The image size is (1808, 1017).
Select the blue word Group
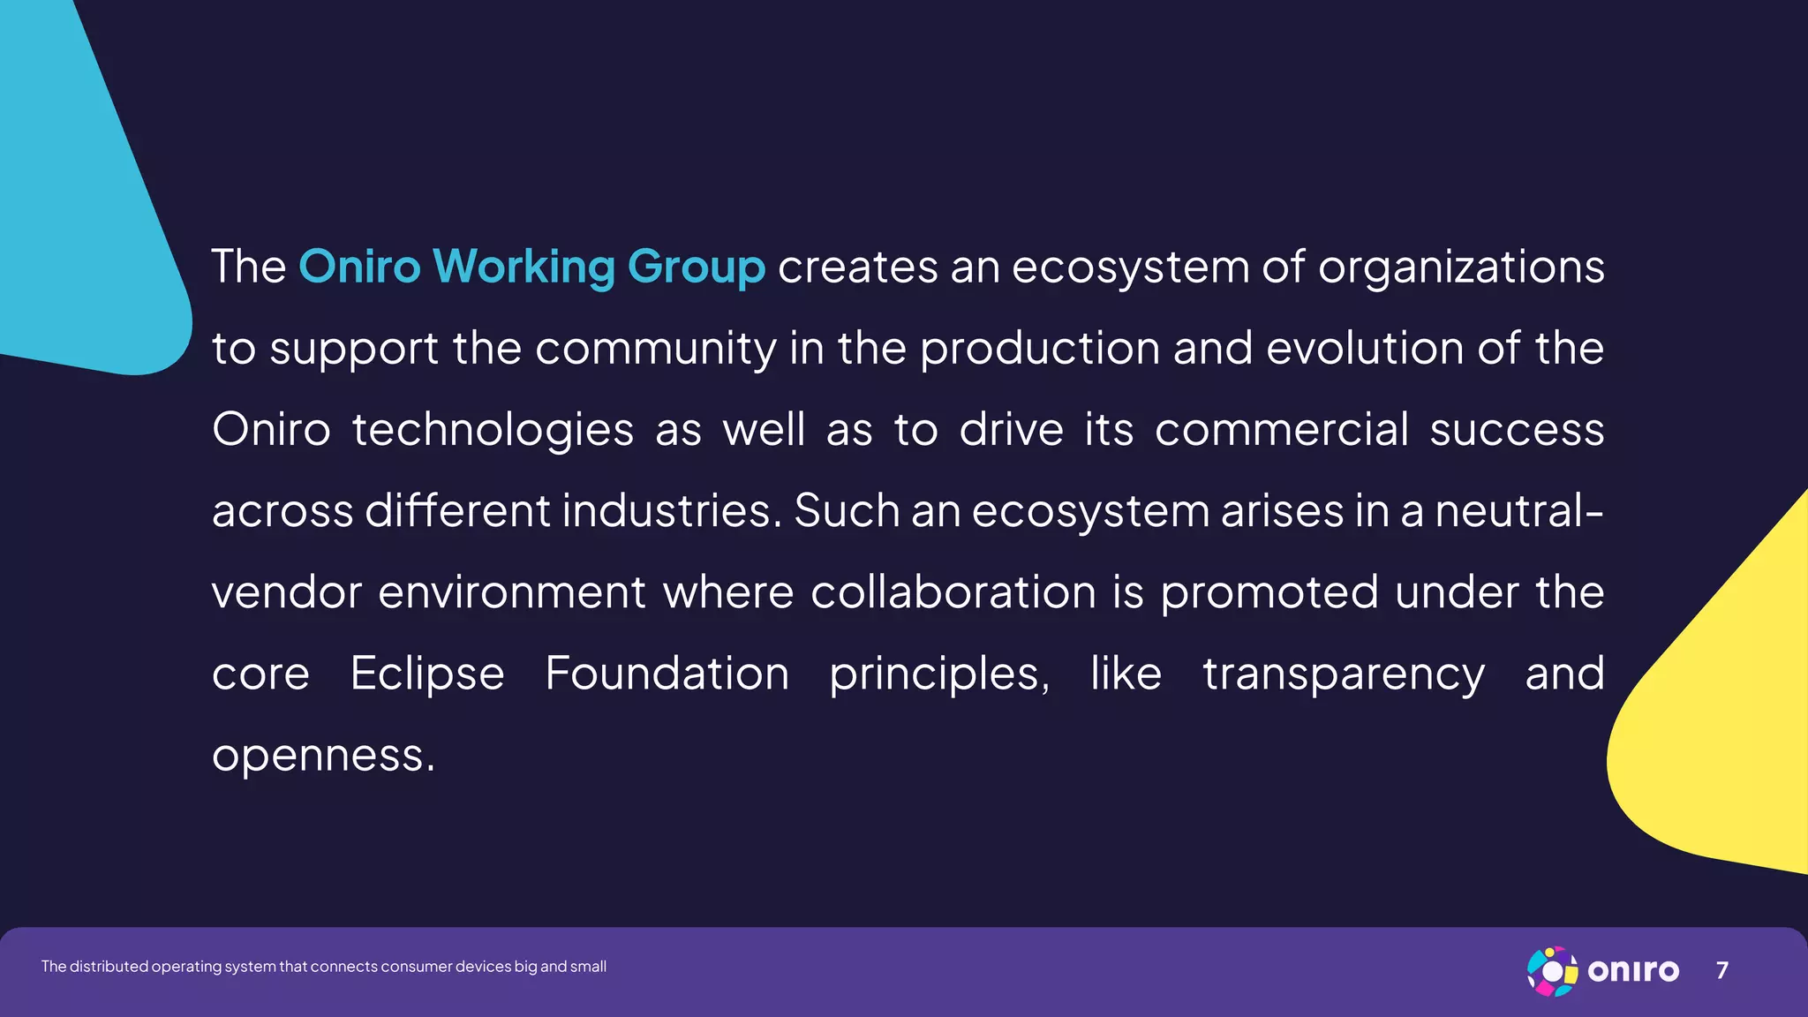coord(696,267)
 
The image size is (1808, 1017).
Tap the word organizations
coord(1461,267)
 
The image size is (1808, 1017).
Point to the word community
coord(655,348)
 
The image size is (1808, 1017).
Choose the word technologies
coord(493,430)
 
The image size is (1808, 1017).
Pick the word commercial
coord(1281,430)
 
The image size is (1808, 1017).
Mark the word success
coord(1517,430)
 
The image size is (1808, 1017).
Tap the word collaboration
coord(953,591)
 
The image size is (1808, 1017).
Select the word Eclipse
coord(427,674)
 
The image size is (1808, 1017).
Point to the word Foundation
coord(667,674)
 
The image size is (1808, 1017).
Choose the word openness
coord(323,756)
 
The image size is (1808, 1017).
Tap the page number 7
coord(1721,970)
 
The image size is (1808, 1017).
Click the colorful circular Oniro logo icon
coord(1552,971)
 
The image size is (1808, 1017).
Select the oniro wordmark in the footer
coord(1633,971)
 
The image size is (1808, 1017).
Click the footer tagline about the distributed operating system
coord(323,967)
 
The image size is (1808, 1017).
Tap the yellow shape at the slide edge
coord(1721,724)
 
